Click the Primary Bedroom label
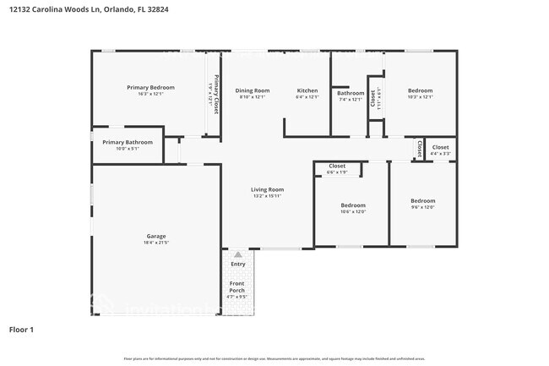(150, 87)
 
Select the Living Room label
(267, 189)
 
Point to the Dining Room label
(252, 90)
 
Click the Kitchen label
(307, 90)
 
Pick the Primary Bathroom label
(127, 142)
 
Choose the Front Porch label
(237, 287)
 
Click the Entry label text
(237, 264)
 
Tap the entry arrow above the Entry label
(237, 253)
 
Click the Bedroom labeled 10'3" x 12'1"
(420, 90)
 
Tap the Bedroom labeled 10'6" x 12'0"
(353, 205)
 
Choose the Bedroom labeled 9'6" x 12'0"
(422, 200)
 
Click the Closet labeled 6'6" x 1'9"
(337, 166)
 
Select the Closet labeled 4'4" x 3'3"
(440, 147)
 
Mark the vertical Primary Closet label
(216, 95)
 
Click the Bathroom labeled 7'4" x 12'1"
(351, 93)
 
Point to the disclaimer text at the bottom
(274, 358)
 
